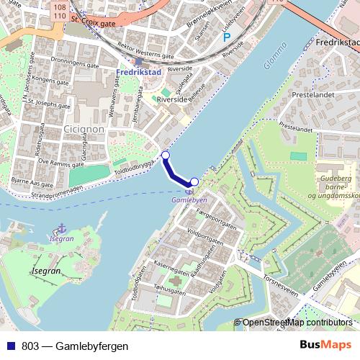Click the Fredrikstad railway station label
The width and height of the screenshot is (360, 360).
coord(138,73)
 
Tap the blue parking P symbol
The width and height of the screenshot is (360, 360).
coord(227,37)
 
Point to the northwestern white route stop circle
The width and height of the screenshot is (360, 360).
coord(166,155)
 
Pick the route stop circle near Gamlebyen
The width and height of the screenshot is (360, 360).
coord(194,181)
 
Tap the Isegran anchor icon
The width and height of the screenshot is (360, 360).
coord(61,228)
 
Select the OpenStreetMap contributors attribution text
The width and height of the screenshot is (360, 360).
coord(297,323)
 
